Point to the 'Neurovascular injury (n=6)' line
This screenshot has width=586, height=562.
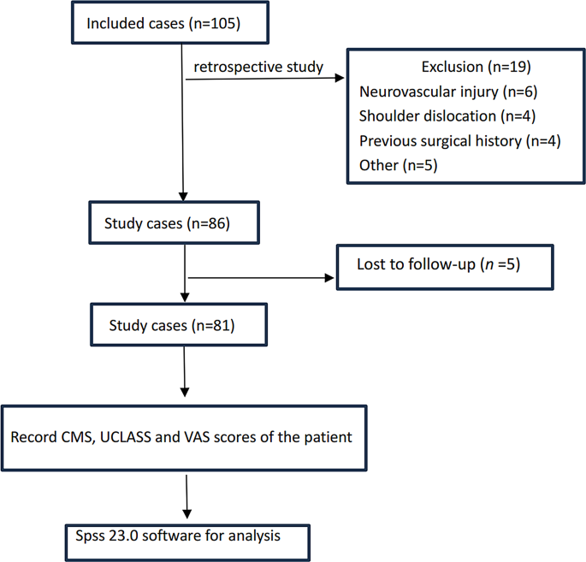[447, 92]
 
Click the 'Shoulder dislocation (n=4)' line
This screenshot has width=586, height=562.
[447, 115]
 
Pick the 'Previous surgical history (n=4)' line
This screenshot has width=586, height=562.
[459, 140]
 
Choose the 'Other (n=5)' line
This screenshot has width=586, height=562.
[398, 165]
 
